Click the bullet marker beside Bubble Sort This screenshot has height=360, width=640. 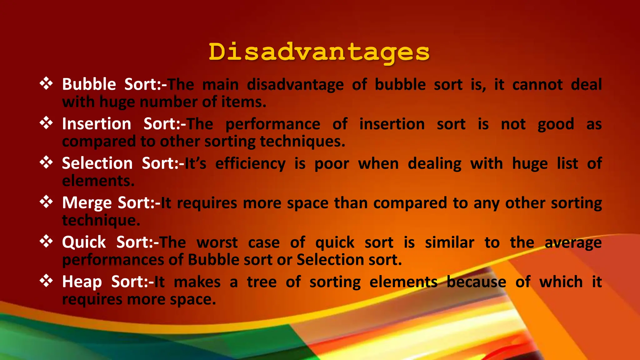[46, 84]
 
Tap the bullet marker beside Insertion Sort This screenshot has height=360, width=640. [46, 123]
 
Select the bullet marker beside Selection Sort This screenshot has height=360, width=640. [46, 162]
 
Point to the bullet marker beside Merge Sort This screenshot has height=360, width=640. [46, 202]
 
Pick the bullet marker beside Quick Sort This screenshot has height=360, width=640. [46, 242]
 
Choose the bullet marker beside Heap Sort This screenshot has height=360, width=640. [46, 281]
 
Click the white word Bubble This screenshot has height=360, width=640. [89, 84]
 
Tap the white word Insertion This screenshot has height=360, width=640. [97, 124]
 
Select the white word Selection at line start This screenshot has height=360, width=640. [97, 163]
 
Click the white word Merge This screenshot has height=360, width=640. [87, 203]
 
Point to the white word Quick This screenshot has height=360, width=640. [84, 242]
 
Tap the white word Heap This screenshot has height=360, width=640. [82, 282]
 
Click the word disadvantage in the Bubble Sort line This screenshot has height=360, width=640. [295, 85]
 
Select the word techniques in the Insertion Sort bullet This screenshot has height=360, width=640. [302, 142]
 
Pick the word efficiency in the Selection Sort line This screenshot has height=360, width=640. [250, 164]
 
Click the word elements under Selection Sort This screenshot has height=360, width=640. [98, 181]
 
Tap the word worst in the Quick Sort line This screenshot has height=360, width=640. [217, 242]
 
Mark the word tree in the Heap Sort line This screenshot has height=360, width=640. [262, 282]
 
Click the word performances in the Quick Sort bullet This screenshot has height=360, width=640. [113, 260]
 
